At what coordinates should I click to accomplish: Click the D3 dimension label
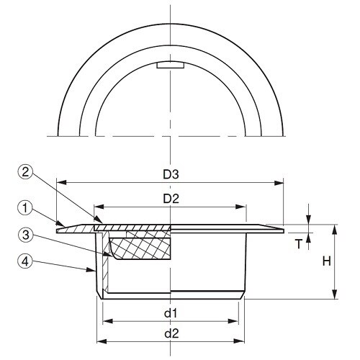point(170,174)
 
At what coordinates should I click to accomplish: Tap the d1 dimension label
point(170,313)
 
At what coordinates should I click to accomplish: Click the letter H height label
point(325,262)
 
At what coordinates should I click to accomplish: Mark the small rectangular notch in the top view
point(171,66)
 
